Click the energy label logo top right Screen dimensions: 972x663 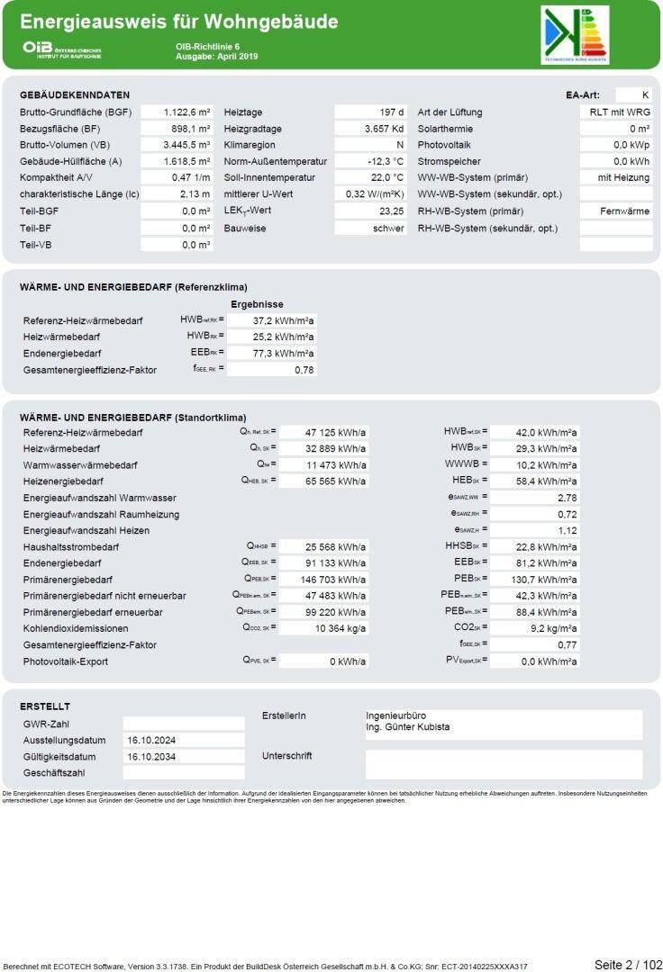pos(576,34)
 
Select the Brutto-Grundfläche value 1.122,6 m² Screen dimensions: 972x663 pos(186,112)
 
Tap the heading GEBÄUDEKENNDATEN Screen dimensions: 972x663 pos(75,94)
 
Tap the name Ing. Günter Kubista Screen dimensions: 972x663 pos(407,727)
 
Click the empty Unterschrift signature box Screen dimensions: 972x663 pos(504,764)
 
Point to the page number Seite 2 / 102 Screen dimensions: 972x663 pos(627,965)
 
